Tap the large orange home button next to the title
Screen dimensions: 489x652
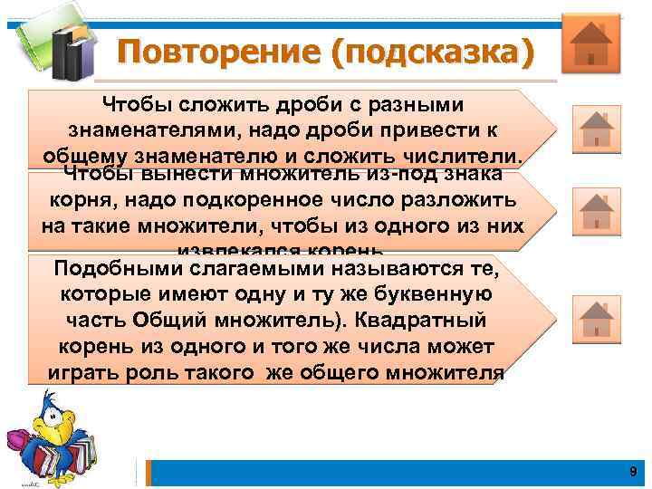pyautogui.click(x=590, y=43)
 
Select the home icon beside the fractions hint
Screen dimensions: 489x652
pyautogui.click(x=597, y=128)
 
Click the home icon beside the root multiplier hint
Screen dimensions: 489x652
pyautogui.click(x=597, y=211)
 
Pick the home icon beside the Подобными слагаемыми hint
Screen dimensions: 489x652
pyautogui.click(x=597, y=320)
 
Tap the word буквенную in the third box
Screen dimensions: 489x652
pyautogui.click(x=445, y=295)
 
